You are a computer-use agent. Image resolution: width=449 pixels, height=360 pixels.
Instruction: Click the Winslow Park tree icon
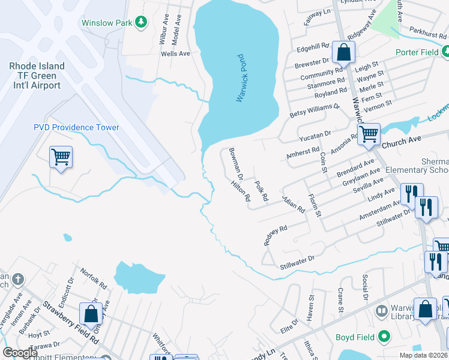click(141, 22)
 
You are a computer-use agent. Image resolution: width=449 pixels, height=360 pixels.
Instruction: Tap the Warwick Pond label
click(241, 78)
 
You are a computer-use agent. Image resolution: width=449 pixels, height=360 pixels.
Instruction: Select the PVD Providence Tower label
click(76, 127)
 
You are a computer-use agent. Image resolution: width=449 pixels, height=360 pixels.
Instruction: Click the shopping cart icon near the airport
click(61, 157)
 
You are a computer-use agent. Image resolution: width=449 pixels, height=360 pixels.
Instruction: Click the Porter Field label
click(418, 52)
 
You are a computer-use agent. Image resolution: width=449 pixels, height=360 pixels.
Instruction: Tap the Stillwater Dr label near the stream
click(297, 259)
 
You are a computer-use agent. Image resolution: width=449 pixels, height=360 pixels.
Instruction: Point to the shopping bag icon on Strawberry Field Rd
click(91, 313)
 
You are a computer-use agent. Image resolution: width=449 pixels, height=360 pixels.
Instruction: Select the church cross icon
click(18, 280)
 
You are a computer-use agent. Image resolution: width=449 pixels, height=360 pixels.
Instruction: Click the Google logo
click(20, 353)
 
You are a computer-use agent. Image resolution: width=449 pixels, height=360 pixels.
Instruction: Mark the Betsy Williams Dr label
click(315, 110)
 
